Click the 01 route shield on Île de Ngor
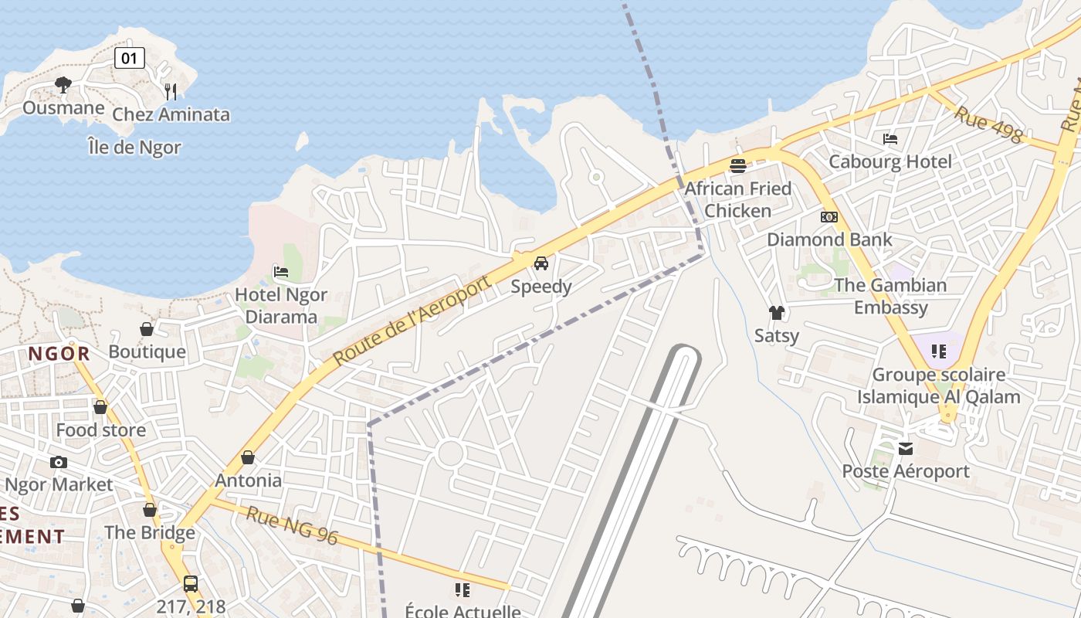tap(129, 57)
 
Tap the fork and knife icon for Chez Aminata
tap(171, 91)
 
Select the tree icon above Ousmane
tap(63, 84)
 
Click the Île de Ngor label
tap(134, 147)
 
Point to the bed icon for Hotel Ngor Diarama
tap(281, 271)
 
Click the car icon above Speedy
tap(541, 263)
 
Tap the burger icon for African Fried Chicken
tap(737, 165)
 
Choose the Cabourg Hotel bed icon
tap(890, 139)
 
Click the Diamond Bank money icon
tap(829, 217)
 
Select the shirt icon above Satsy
tap(776, 313)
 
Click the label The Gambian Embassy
tap(891, 296)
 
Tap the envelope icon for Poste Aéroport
tap(906, 448)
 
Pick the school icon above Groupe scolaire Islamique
tap(938, 351)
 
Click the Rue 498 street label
tap(988, 124)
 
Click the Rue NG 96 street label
tap(292, 525)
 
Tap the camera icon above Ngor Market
tap(59, 462)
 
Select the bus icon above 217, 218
tap(191, 583)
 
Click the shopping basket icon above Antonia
tap(248, 457)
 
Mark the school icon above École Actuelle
tap(463, 590)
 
